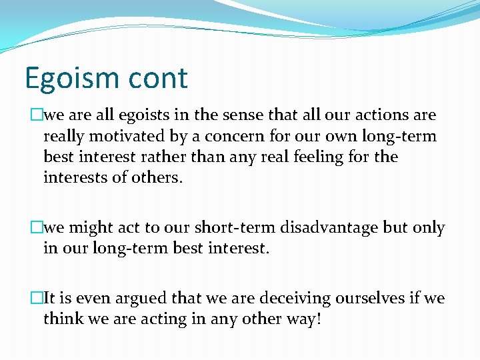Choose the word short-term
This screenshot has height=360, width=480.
coord(229,228)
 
